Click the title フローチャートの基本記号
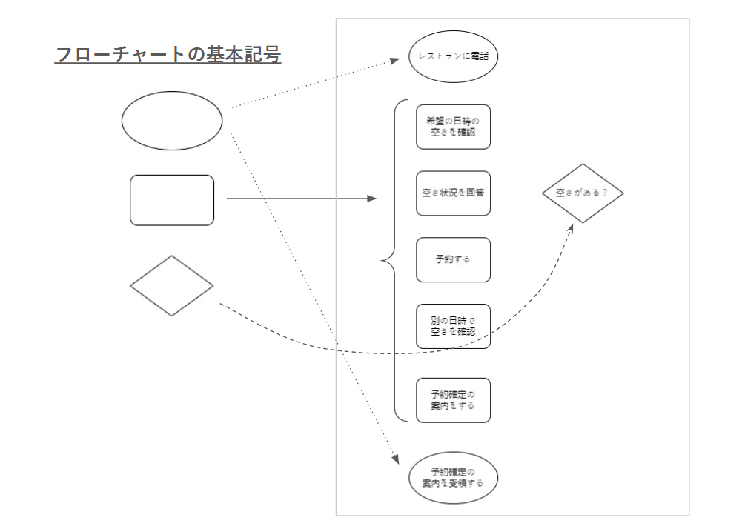(168, 56)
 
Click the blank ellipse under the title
(172, 121)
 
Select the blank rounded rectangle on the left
(172, 200)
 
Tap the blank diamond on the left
(172, 286)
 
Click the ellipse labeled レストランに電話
(453, 56)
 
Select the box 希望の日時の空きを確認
(453, 127)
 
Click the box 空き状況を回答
(453, 193)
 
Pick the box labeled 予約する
(453, 260)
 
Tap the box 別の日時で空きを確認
(453, 327)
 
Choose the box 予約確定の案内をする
(453, 401)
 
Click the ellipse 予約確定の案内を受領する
(453, 478)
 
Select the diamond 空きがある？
(583, 193)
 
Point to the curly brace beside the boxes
(391, 260)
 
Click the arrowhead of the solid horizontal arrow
(372, 199)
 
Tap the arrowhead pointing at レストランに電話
(396, 62)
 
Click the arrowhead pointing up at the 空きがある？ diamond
(571, 228)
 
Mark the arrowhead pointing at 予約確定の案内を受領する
(394, 459)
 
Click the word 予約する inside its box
(453, 260)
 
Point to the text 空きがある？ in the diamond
(583, 193)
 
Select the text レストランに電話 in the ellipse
(453, 56)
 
